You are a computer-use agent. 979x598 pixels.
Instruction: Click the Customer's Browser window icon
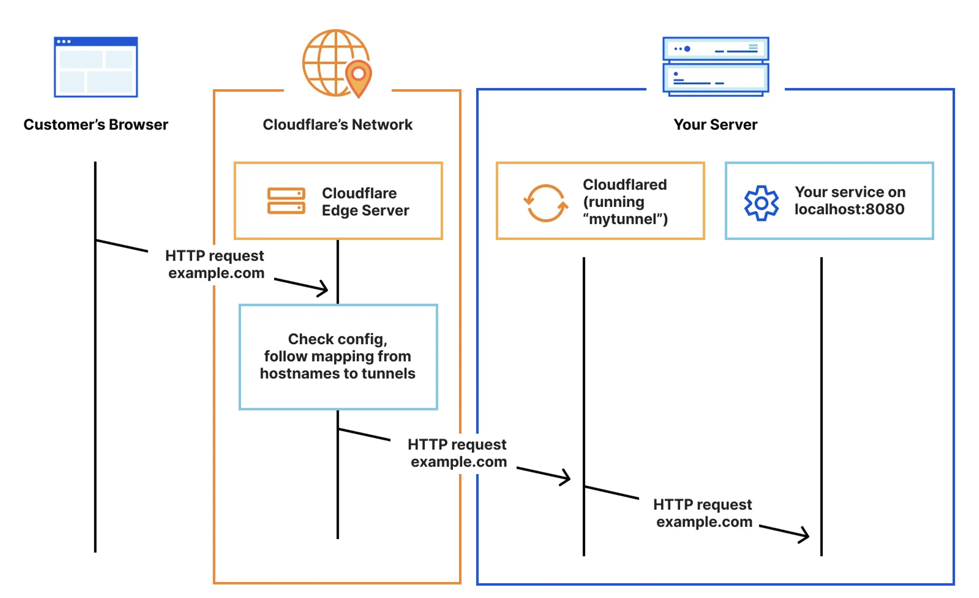(x=96, y=67)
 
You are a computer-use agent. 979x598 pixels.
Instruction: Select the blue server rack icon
(x=715, y=66)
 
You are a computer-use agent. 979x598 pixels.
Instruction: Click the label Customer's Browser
(x=96, y=125)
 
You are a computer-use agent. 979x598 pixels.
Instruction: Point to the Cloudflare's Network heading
(x=337, y=125)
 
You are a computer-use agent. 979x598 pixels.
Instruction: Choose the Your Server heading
(x=715, y=125)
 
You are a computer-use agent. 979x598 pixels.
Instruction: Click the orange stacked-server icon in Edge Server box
(x=286, y=201)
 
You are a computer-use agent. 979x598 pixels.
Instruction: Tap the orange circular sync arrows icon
(x=546, y=203)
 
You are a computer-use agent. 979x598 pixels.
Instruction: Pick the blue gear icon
(x=761, y=203)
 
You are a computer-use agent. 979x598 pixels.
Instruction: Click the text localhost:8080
(x=849, y=209)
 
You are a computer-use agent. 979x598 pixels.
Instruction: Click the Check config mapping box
(x=338, y=357)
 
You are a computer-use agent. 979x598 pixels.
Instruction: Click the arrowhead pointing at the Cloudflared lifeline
(x=566, y=477)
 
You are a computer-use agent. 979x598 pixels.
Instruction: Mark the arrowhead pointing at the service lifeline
(x=805, y=535)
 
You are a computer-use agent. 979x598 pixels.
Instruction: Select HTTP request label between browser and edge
(x=216, y=264)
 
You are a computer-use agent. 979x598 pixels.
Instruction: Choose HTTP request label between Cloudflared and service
(x=703, y=513)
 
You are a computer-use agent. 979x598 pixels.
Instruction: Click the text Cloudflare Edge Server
(x=365, y=202)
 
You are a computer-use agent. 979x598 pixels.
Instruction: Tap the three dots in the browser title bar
(x=64, y=41)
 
